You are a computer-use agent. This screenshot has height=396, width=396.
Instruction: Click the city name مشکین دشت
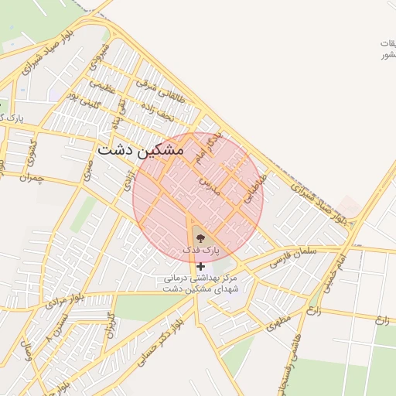tap(141, 149)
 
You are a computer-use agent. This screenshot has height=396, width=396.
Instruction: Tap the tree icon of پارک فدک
tap(201, 239)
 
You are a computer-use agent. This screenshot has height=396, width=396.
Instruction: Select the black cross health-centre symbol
tap(201, 266)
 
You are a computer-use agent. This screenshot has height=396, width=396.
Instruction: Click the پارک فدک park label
tap(201, 251)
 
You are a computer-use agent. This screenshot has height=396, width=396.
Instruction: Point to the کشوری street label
tap(32, 147)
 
